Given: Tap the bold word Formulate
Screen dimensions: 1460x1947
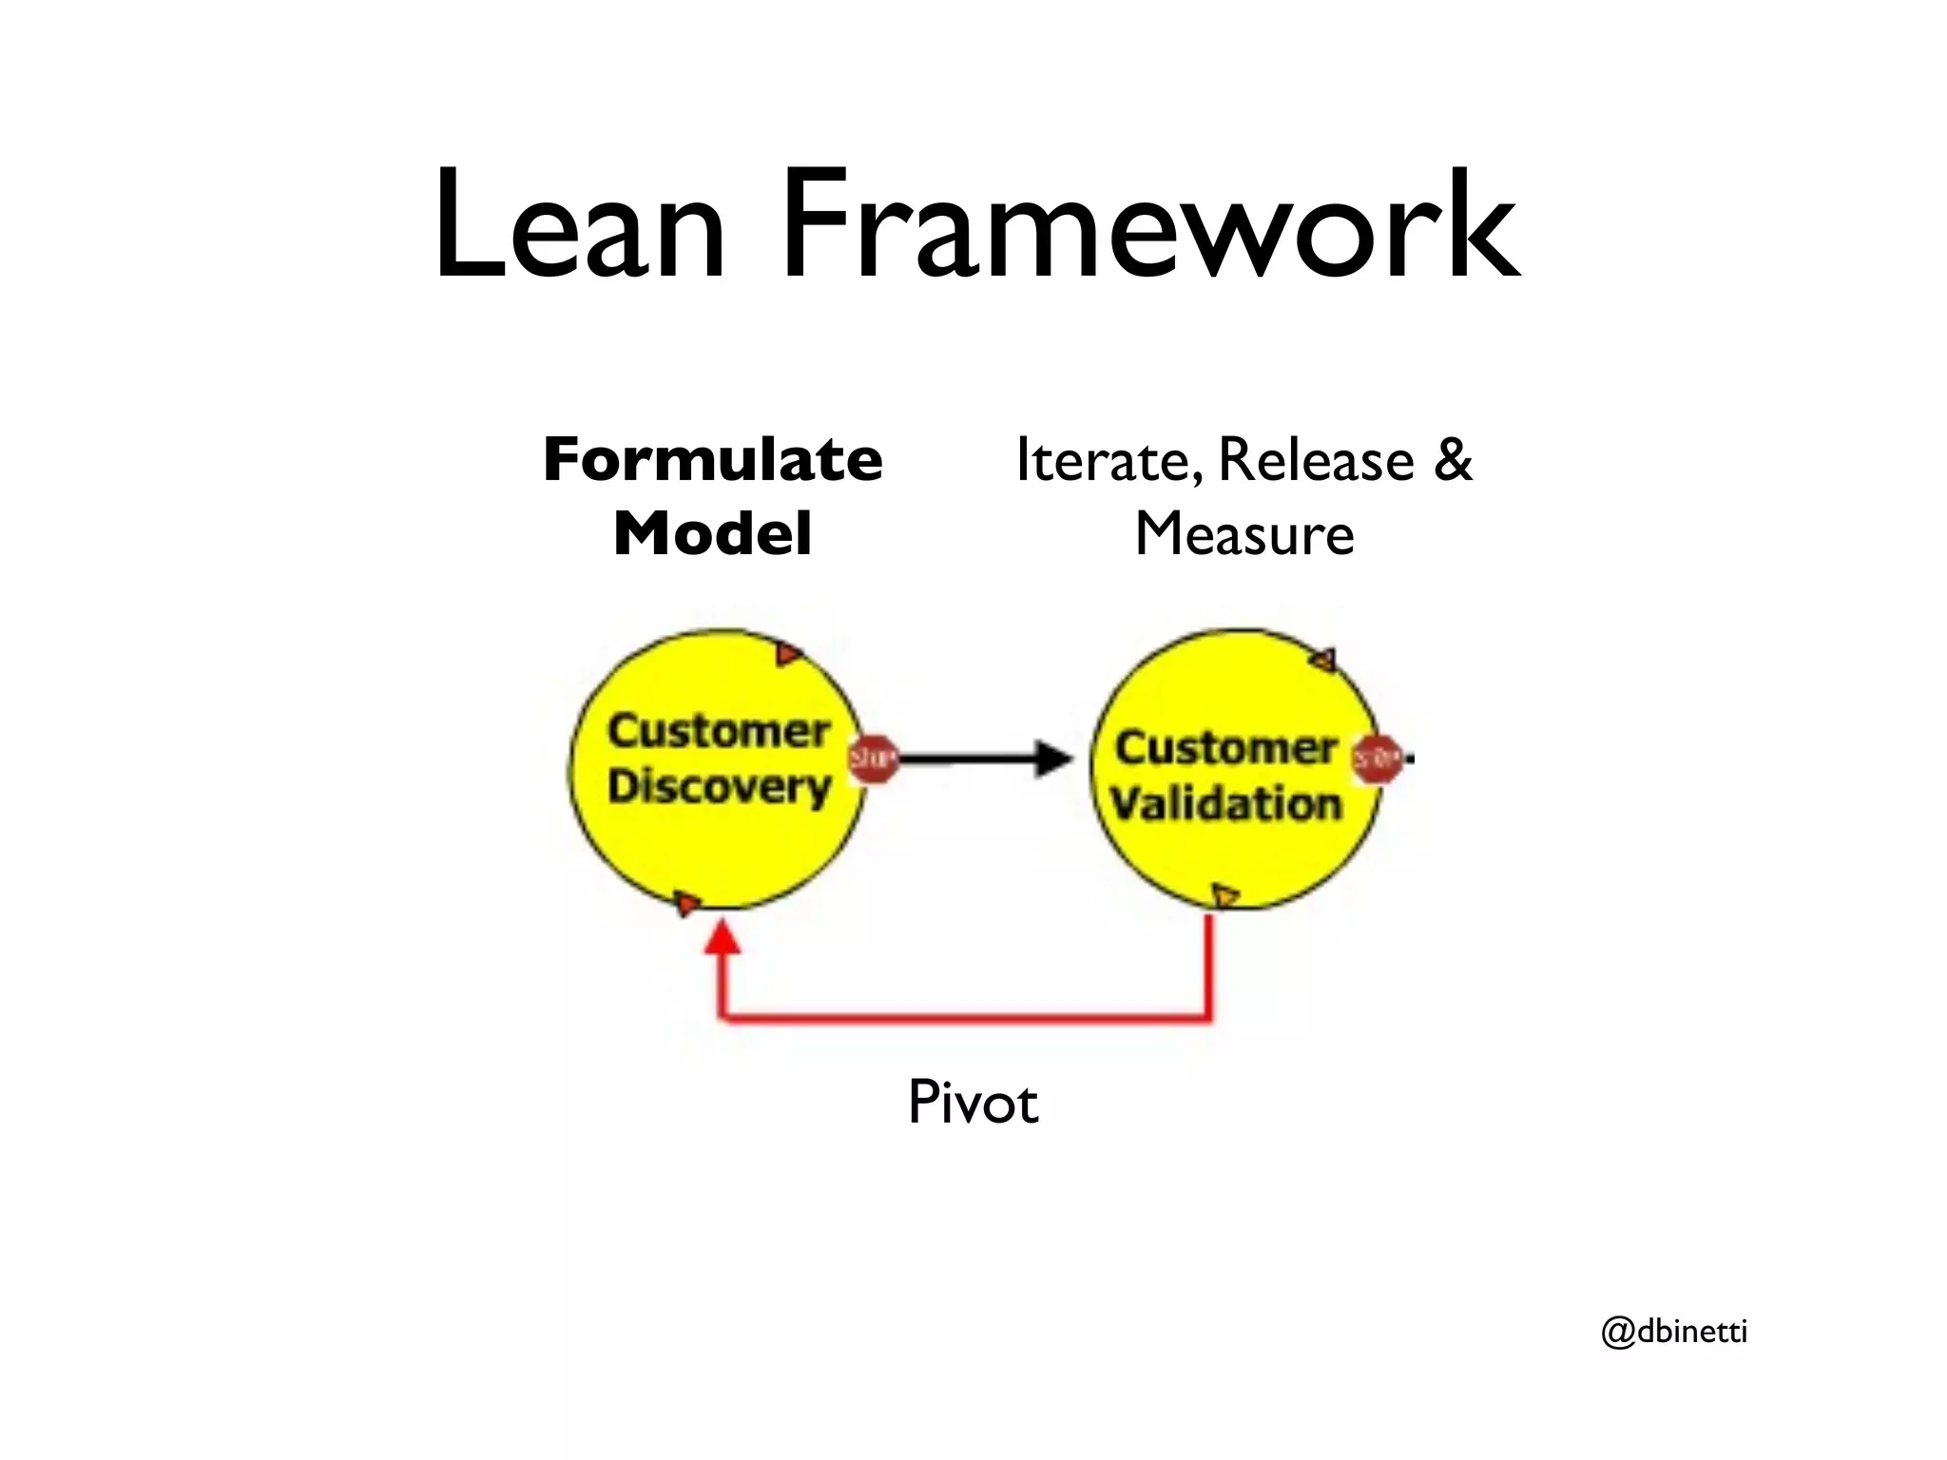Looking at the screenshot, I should [x=713, y=460].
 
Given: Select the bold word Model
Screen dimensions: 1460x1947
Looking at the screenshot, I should [x=713, y=534].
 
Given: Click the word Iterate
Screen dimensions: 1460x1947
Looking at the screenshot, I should [x=1103, y=460].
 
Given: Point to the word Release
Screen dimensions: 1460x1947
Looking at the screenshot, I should [x=1316, y=460].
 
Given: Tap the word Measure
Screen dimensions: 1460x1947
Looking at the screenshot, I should [x=1243, y=534].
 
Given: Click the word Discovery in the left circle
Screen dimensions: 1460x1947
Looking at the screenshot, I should [x=720, y=787].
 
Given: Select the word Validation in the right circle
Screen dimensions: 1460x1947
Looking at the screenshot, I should [x=1226, y=804].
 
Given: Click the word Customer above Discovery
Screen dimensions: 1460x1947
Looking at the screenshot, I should [x=720, y=731].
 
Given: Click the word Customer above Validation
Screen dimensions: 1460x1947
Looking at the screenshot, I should [x=1226, y=748].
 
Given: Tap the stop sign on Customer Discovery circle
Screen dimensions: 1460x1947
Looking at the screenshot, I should [x=873, y=759].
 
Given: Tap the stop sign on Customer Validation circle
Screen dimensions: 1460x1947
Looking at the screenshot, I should [x=1377, y=759].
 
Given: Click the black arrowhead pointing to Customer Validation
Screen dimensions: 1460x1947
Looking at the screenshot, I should [x=1053, y=759].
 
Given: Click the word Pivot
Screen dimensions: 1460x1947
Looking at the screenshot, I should [x=973, y=1103].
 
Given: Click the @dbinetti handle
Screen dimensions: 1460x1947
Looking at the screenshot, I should [x=1674, y=1332].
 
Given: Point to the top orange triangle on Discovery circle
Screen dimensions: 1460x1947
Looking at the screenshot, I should [x=788, y=654].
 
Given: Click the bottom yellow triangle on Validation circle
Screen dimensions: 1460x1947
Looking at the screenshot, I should [x=1225, y=894].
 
